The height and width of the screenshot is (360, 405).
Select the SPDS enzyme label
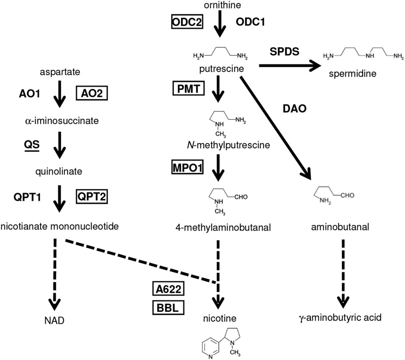(x=284, y=51)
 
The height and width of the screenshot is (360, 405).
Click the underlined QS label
(x=31, y=145)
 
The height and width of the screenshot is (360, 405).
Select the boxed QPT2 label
(x=92, y=196)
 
